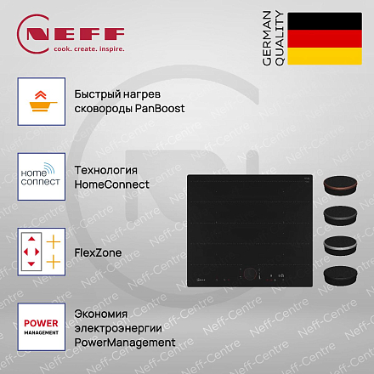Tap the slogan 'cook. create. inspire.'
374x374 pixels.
[x=89, y=49]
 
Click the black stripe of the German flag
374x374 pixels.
[x=325, y=21]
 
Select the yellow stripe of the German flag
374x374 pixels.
[x=325, y=56]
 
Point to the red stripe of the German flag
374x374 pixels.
[x=325, y=38]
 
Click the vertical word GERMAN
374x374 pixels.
[x=267, y=38]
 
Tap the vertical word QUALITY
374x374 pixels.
[x=280, y=38]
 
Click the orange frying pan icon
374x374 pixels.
[x=42, y=106]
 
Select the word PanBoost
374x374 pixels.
[x=160, y=108]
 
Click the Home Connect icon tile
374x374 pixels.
[x=42, y=177]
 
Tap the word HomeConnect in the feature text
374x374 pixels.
[x=111, y=184]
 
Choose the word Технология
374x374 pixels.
[x=106, y=170]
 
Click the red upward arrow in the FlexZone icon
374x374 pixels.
[x=31, y=239]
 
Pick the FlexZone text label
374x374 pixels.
[x=98, y=252]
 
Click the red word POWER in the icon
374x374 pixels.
[x=41, y=323]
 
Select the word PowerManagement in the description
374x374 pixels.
[x=125, y=343]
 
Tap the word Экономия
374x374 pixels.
[x=101, y=314]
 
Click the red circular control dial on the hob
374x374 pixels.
[x=250, y=274]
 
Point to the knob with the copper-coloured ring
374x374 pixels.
[x=340, y=185]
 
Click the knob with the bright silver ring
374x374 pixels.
[x=340, y=246]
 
